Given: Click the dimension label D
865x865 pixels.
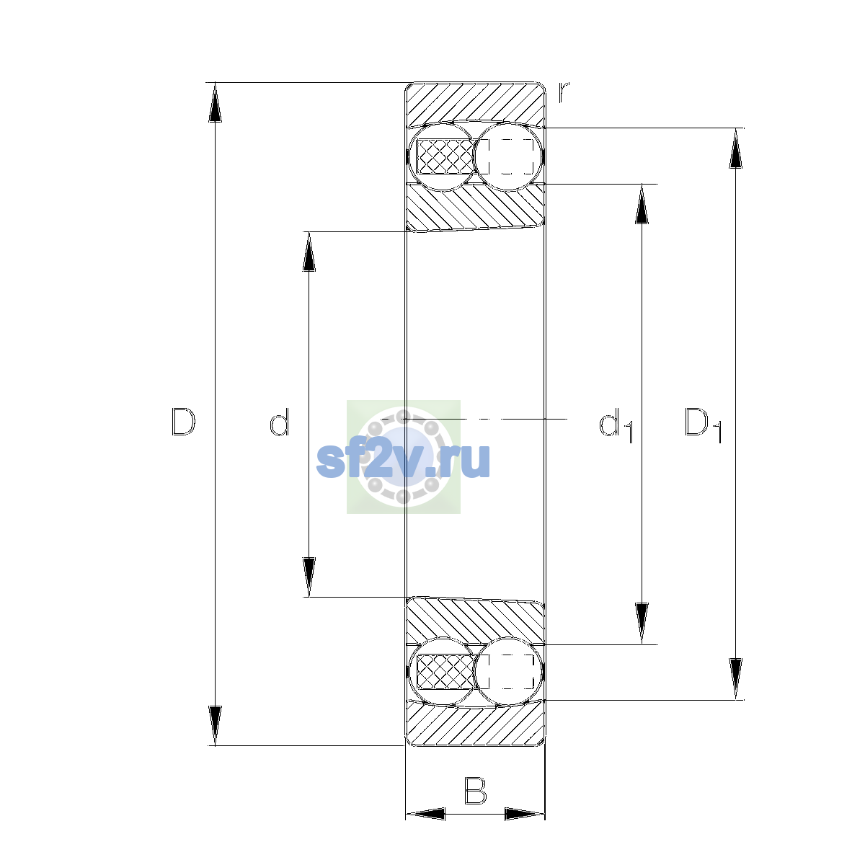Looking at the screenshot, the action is (183, 422).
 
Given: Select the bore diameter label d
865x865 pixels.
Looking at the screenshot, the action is (279, 422).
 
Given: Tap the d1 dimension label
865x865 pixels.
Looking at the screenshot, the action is (616, 425).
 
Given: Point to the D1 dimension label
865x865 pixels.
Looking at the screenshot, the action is (703, 425).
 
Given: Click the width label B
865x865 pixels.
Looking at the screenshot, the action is (475, 791).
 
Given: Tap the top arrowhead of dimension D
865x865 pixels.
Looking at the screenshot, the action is (215, 102).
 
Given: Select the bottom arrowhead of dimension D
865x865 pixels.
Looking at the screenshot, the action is (215, 725).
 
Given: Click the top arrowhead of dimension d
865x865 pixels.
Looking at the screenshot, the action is (309, 252).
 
